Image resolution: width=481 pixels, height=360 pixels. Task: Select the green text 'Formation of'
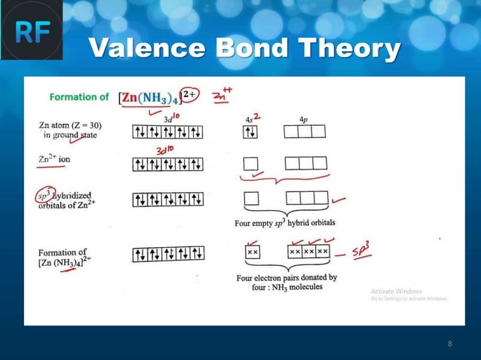79,97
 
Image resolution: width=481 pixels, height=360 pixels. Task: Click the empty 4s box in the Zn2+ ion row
251,163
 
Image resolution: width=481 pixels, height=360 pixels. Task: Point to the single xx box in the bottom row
252,252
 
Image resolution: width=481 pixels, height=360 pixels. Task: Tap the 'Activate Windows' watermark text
397,291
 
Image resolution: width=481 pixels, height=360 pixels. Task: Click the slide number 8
450,344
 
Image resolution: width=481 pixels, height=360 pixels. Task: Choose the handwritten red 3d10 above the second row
164,151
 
